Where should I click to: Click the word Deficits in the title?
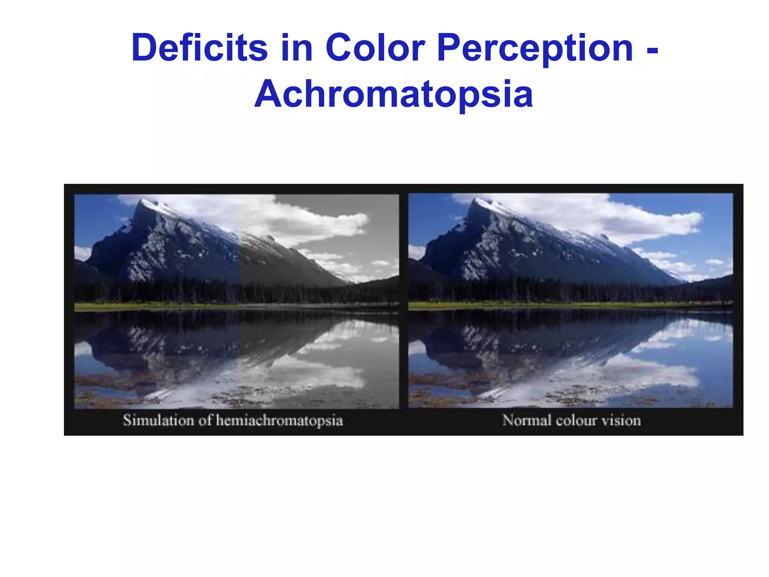tap(199, 48)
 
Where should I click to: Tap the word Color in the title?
tap(375, 48)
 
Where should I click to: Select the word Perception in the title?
tap(535, 48)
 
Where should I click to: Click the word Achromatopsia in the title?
tap(394, 94)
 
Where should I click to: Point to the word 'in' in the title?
tap(297, 48)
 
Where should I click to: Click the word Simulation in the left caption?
tap(158, 420)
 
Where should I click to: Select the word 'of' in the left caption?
tap(205, 420)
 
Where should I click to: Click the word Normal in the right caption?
tap(526, 420)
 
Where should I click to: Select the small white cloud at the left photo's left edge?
tap(82, 252)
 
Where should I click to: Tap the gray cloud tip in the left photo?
tap(362, 218)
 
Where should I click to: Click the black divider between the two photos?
tap(404, 301)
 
